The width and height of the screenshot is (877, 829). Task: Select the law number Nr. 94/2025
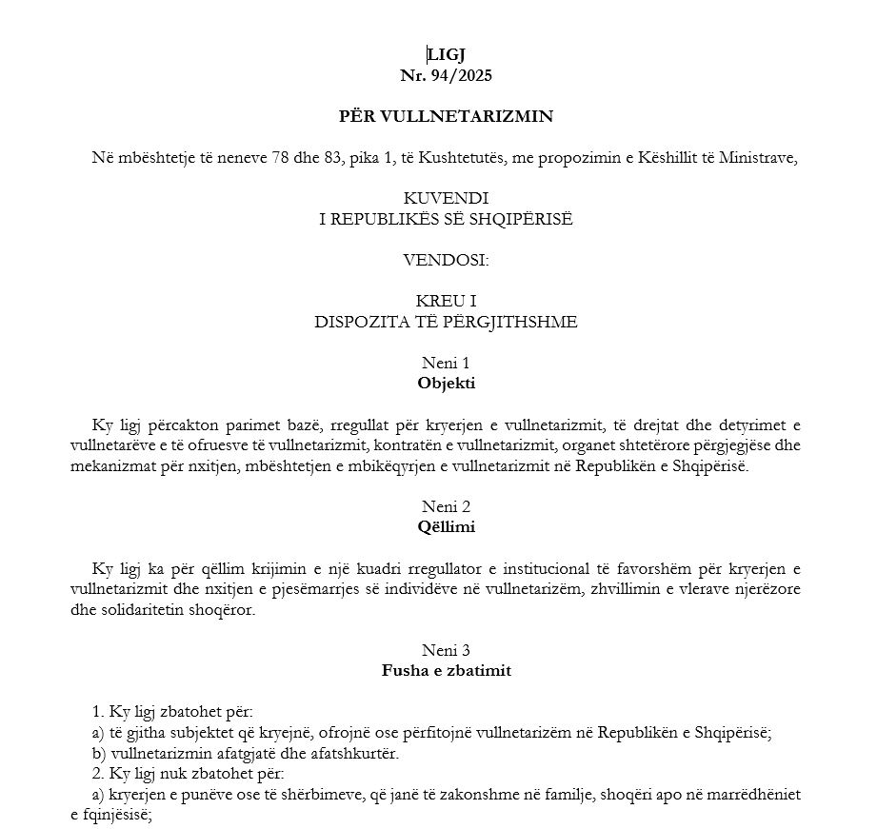click(446, 74)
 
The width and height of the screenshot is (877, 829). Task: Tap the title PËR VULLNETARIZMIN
click(446, 116)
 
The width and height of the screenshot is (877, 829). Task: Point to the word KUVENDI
click(446, 198)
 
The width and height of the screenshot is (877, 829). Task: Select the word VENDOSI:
click(446, 258)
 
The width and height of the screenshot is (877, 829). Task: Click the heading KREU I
click(446, 301)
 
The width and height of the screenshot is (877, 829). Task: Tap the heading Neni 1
click(446, 363)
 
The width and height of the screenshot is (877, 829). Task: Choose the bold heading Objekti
click(446, 384)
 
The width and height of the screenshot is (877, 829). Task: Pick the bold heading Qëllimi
click(446, 526)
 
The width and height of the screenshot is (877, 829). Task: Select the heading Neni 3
click(446, 650)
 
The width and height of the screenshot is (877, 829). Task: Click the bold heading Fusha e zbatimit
click(446, 670)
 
